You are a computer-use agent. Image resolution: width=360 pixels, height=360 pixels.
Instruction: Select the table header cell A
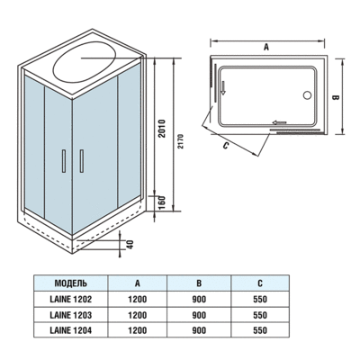pos(137,280)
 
